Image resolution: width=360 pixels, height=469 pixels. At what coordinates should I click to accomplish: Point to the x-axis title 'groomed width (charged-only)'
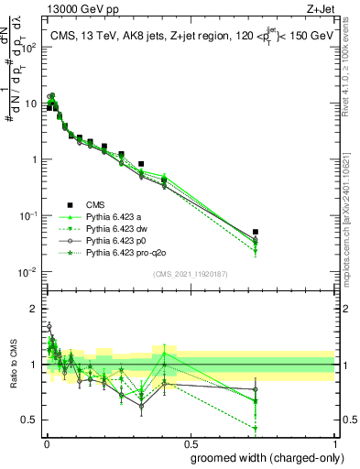pos(261,457)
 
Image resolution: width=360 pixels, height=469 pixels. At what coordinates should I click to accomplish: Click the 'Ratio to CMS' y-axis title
pos(12,366)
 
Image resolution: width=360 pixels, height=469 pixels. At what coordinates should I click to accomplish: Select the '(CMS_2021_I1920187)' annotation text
pos(190,272)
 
